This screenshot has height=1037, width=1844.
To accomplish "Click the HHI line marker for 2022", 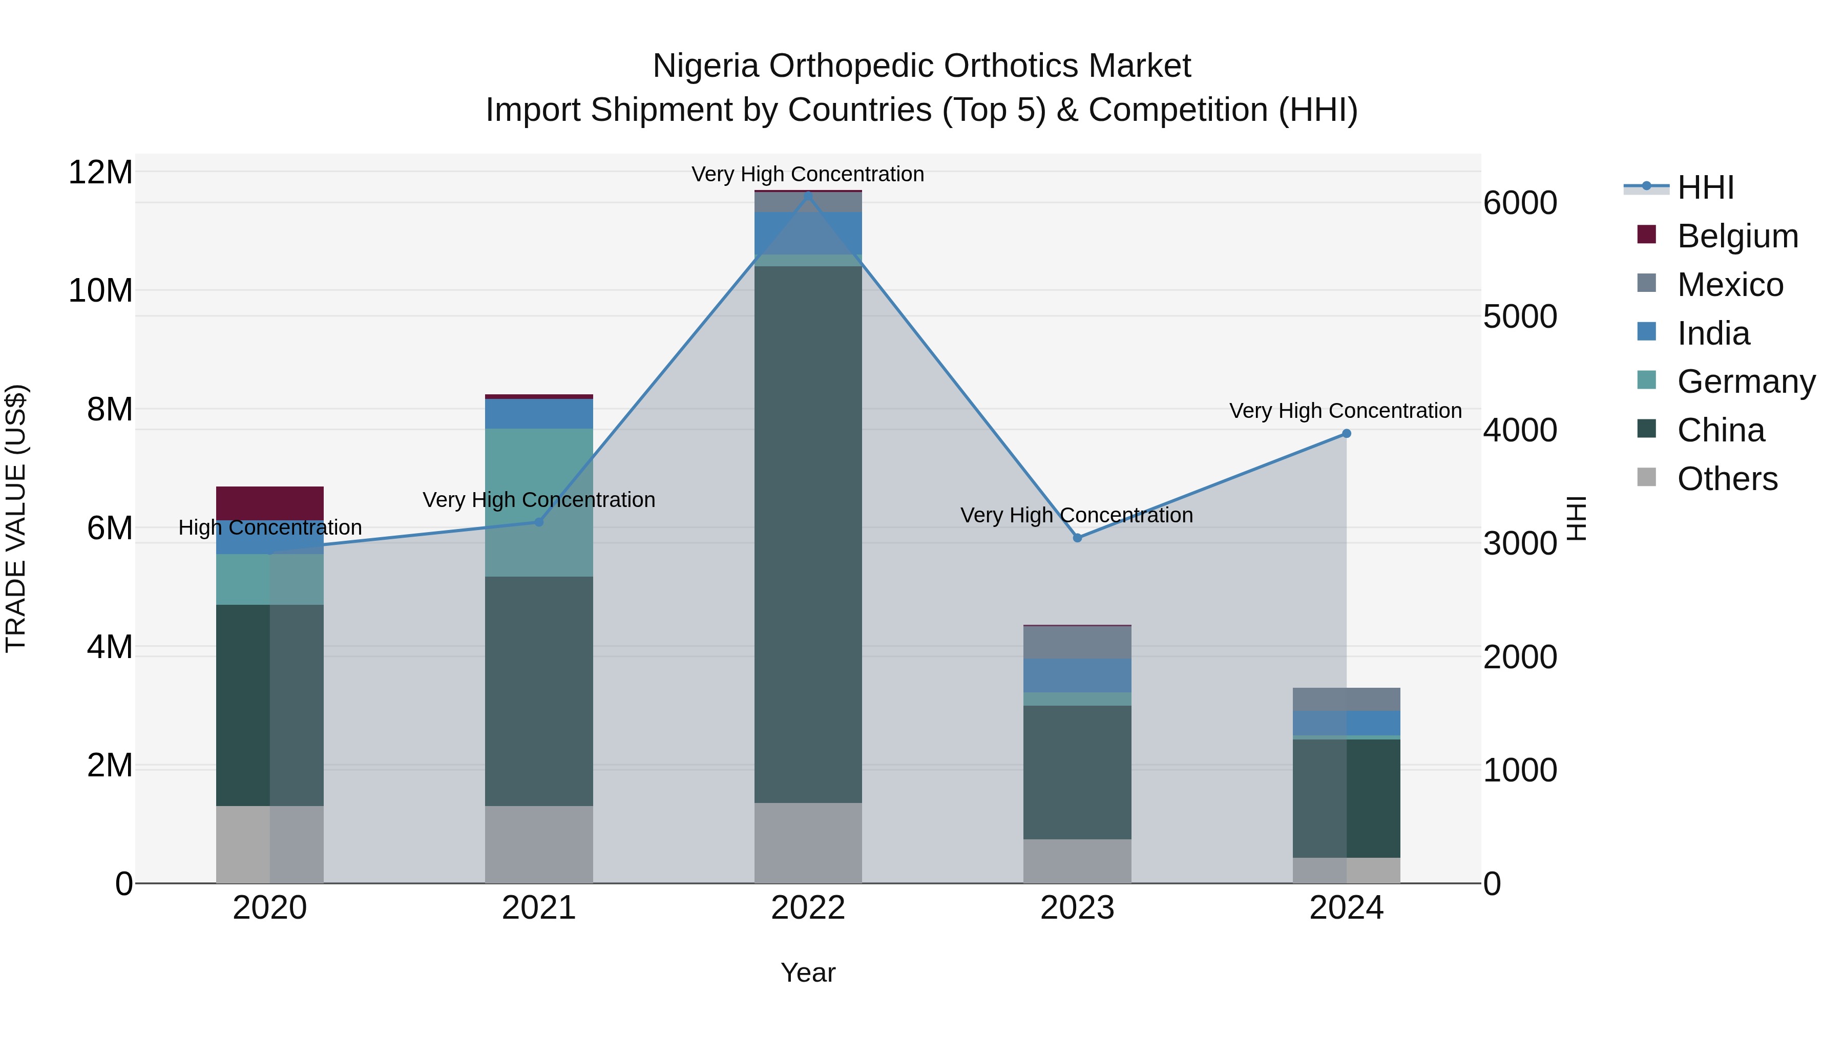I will click(x=808, y=196).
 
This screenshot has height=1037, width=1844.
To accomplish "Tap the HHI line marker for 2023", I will click(x=1077, y=538).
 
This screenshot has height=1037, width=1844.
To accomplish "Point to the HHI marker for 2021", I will click(x=539, y=522).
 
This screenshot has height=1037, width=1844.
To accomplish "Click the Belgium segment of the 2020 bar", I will click(x=270, y=502).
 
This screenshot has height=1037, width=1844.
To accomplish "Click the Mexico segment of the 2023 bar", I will click(x=1077, y=642).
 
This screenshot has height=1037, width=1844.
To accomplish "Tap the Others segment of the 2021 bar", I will click(x=539, y=844).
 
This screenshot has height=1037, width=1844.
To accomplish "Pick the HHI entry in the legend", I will click(x=1705, y=187).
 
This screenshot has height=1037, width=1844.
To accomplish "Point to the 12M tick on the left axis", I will click(x=100, y=173).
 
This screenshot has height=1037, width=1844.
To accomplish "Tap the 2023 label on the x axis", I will click(x=1077, y=907).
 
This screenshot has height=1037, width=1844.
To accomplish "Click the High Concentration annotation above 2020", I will click(x=270, y=527).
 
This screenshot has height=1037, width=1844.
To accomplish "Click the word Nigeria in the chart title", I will click(x=705, y=66).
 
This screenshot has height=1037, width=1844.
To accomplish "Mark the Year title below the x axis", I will click(x=808, y=972).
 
